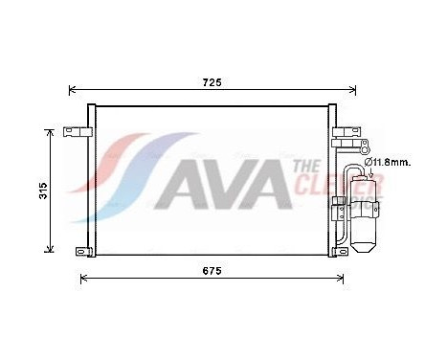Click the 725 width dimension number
click(212, 83)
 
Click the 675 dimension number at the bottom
click(212, 271)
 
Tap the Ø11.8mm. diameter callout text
click(390, 163)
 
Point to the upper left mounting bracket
click(74, 131)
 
